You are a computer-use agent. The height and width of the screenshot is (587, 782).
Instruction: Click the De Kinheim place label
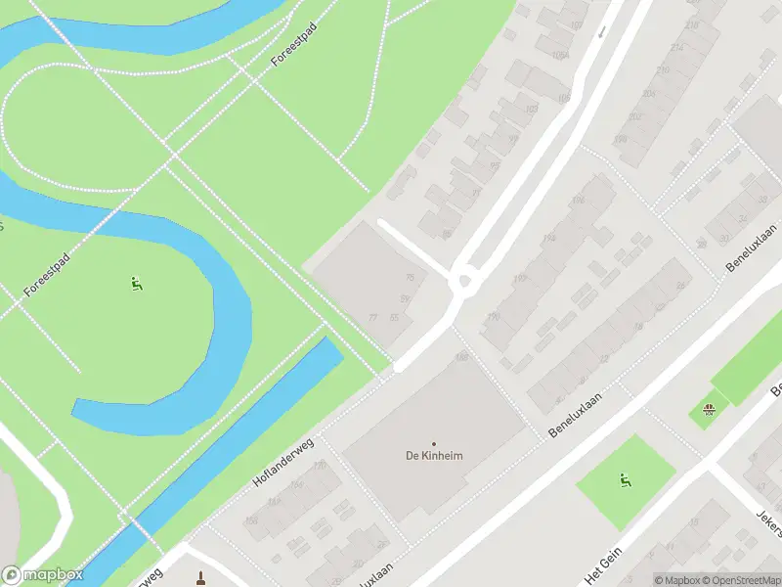pos(434,455)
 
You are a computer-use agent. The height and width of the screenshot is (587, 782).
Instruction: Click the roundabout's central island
pos(465,283)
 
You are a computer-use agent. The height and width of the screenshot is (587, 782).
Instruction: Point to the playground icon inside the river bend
pos(136,285)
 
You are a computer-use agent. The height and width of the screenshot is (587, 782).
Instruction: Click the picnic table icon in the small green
pos(711,407)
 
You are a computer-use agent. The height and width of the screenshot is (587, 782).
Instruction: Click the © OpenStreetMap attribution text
pos(741,579)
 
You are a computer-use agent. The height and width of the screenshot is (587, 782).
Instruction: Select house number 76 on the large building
pos(410,278)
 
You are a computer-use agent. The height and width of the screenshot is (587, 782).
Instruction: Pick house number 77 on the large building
pos(372,318)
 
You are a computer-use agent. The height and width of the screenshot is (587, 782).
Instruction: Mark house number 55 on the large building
pos(395,318)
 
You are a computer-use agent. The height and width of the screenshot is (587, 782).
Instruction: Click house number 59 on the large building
pos(405,298)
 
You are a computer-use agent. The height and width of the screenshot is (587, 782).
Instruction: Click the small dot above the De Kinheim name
pos(434,442)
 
